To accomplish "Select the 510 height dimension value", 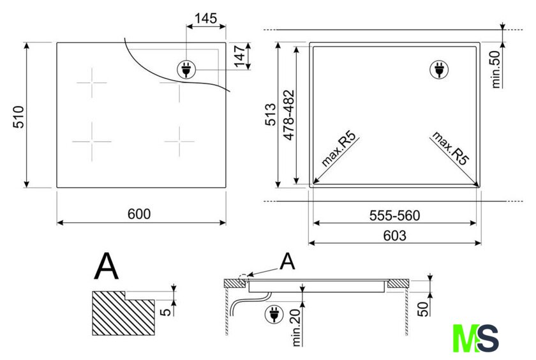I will tap(19, 116).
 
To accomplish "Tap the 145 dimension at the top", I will tap(205, 19).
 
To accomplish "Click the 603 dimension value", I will tap(395, 236).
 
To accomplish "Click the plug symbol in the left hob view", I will tap(186, 70).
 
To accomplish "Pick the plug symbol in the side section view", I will tap(272, 314).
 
